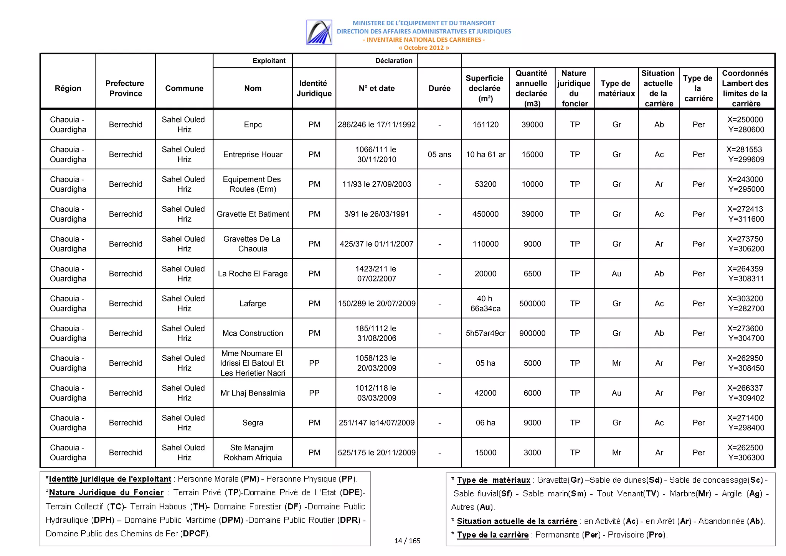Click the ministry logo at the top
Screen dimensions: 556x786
[319, 32]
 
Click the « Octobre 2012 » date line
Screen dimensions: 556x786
[424, 48]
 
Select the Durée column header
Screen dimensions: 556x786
[439, 88]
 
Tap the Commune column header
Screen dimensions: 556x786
[184, 88]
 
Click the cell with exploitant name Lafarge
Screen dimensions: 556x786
[253, 303]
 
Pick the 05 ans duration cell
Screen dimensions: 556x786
[439, 154]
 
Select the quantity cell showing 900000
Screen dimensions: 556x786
[532, 333]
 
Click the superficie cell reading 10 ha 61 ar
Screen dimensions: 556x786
[485, 154]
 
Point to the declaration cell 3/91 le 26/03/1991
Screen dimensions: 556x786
[376, 214]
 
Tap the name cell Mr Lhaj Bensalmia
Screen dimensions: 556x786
[253, 393]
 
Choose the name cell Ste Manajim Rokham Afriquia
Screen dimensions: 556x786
[253, 452]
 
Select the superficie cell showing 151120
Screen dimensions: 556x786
[485, 124]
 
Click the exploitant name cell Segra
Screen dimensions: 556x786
[253, 423]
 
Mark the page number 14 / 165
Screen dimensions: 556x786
[407, 541]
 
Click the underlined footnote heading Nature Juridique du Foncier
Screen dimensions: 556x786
[106, 493]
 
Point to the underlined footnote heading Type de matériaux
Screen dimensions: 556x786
[493, 480]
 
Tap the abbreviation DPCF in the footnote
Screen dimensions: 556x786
[194, 534]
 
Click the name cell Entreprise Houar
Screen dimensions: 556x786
[253, 154]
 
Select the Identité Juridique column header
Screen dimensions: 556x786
[314, 88]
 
